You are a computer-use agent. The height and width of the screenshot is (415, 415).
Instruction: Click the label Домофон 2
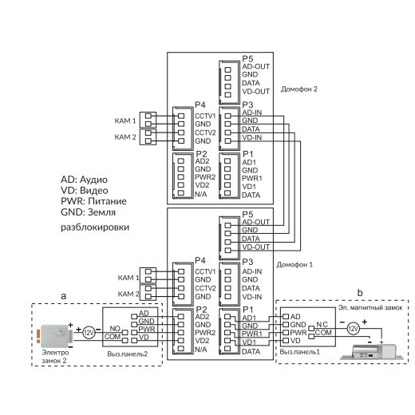pos(299,89)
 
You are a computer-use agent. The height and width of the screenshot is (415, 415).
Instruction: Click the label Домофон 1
pos(294,265)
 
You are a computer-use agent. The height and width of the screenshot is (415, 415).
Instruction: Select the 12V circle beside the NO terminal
pos(89,333)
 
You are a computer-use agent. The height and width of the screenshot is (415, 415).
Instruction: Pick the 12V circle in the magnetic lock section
pos(353,329)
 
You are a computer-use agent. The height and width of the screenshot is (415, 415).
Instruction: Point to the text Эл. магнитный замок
pos(370,308)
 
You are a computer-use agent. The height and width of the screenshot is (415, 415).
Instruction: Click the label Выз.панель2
pos(128,354)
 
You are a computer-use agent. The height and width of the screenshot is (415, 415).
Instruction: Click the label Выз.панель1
pos(299,352)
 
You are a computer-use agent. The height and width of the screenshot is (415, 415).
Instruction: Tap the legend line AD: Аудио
pos(84,180)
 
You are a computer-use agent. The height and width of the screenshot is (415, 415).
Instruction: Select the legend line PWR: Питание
pos(93,201)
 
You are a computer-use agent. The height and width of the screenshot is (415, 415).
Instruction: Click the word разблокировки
pos(95,227)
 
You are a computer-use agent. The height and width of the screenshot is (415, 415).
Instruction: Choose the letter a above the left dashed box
pos(63,296)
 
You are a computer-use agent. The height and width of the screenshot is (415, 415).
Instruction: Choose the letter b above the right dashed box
pos(360,293)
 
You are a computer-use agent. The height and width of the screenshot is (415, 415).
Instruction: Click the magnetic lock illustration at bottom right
pos(372,352)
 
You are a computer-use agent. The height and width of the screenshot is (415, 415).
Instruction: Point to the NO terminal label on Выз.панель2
pos(115,329)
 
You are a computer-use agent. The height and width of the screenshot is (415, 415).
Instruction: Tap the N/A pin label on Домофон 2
pos(201,195)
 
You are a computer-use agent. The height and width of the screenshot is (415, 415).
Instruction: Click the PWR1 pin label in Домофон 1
pos(251,334)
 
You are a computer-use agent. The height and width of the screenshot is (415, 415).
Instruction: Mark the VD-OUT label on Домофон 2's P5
pos(255,91)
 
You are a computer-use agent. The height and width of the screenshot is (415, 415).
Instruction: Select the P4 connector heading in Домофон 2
pos(200,105)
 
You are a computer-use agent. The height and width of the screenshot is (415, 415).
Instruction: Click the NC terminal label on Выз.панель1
pos(322,325)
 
